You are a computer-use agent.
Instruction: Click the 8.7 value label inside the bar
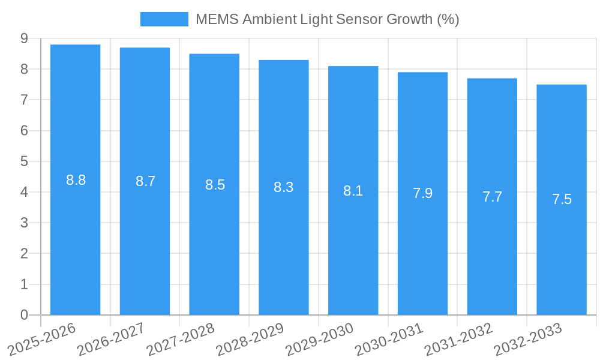coord(145,181)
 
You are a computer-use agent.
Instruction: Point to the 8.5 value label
coord(215,185)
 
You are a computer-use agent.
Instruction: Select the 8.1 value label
coord(353,191)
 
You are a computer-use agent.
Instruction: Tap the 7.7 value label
coord(492,197)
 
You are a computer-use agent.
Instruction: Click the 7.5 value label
coord(562,200)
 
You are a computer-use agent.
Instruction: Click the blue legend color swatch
coord(164,19)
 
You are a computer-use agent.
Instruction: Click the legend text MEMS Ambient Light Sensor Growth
coord(327,19)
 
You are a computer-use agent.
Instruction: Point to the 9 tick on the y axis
coord(24,38)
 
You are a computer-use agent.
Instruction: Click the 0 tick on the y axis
coord(24,315)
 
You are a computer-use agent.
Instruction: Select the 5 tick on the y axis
coord(24,161)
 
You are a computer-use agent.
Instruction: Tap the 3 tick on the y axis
coord(24,223)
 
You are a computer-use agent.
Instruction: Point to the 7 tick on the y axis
coord(24,100)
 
